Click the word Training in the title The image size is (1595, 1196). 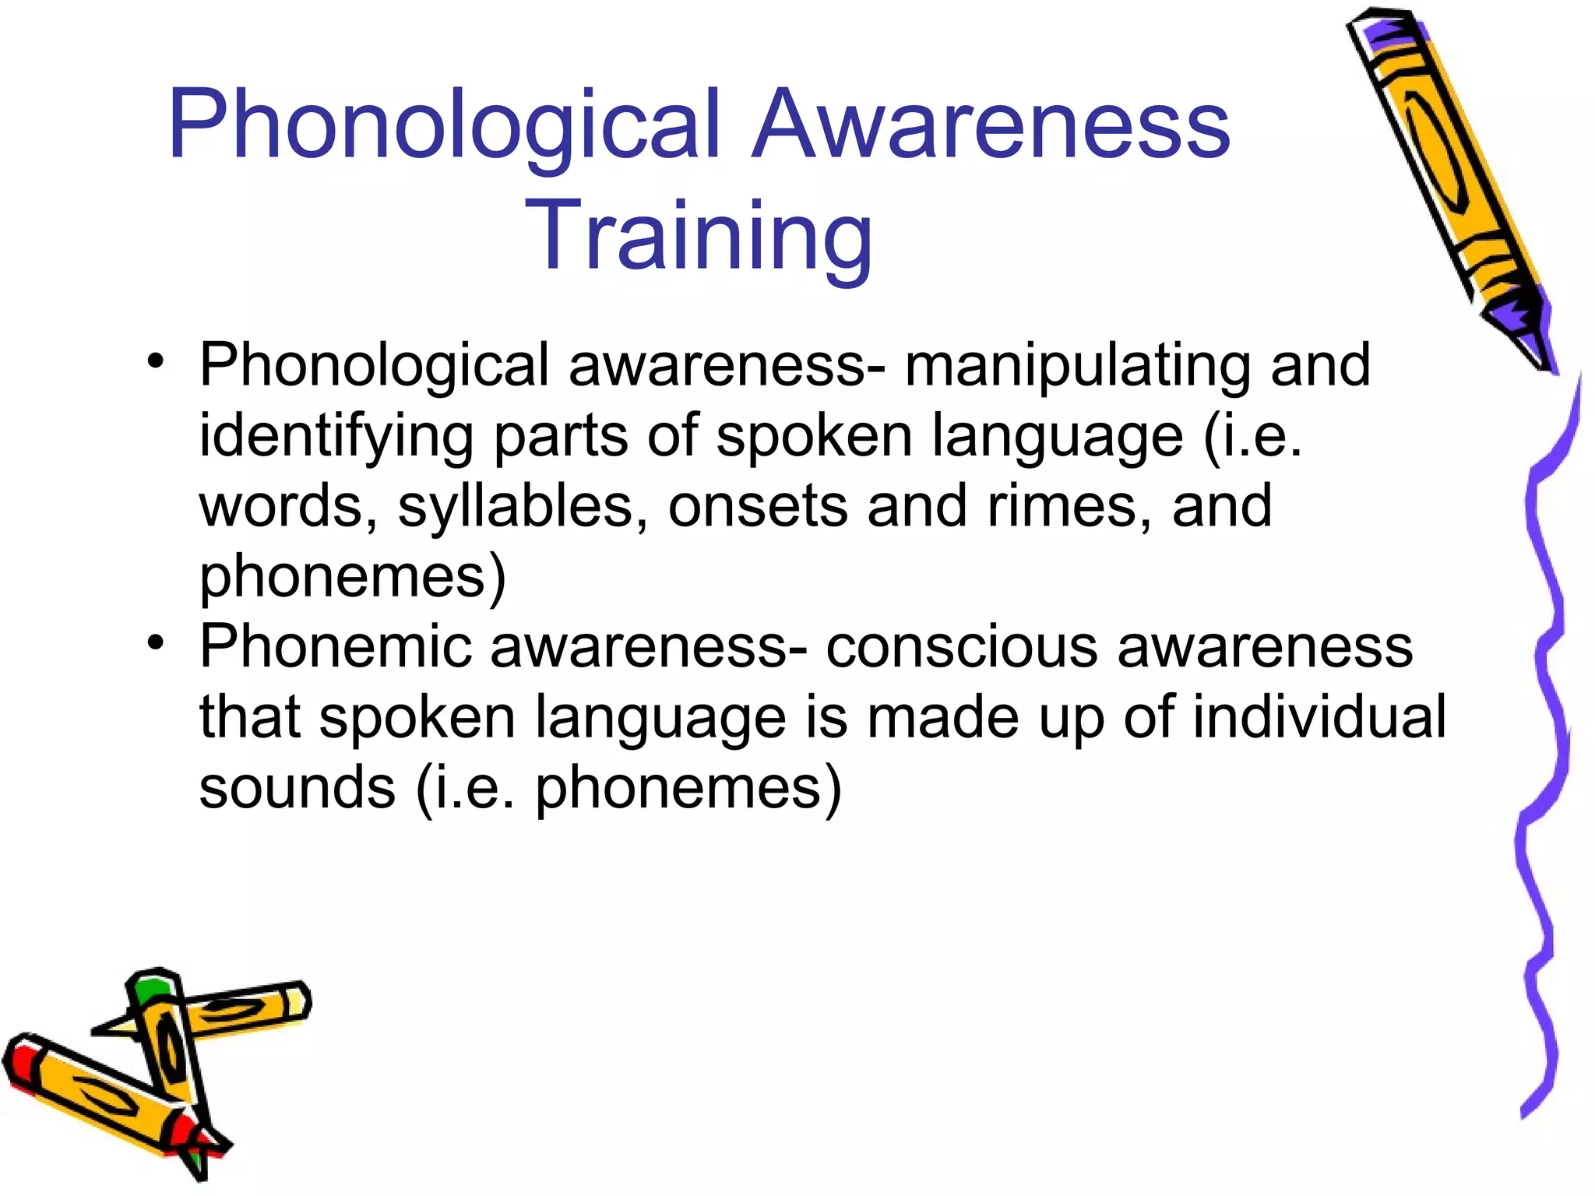[x=699, y=236]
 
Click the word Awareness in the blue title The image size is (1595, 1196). [x=991, y=125]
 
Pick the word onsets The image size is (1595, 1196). [x=757, y=506]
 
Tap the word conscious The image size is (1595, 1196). [x=961, y=646]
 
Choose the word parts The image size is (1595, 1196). [x=561, y=436]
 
